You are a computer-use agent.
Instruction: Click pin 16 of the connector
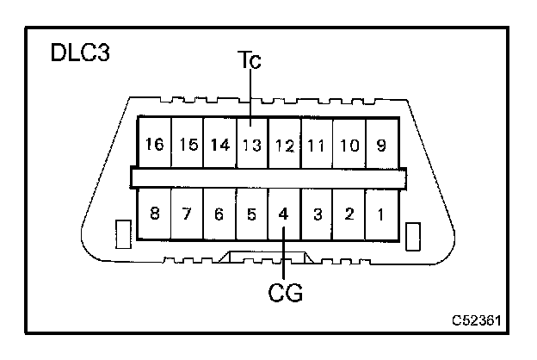155,145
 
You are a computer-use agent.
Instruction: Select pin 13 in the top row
252,145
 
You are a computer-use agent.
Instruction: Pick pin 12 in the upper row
284,145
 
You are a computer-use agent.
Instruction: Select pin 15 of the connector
188,145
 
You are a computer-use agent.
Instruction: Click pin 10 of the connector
349,145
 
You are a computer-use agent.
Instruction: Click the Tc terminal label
250,61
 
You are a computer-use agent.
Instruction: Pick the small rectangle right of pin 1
413,235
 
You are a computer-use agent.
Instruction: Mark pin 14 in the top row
220,145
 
